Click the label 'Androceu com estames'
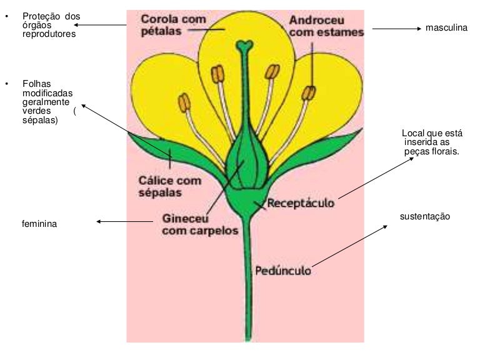click(326, 26)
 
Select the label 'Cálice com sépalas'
click(169, 186)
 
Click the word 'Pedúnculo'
click(283, 271)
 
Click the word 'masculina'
click(446, 28)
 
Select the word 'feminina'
click(39, 223)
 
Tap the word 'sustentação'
click(425, 216)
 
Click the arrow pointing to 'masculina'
click(397, 28)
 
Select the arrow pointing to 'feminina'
click(125, 221)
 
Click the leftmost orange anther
click(184, 101)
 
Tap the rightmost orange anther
click(309, 93)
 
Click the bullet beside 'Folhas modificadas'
click(7, 83)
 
